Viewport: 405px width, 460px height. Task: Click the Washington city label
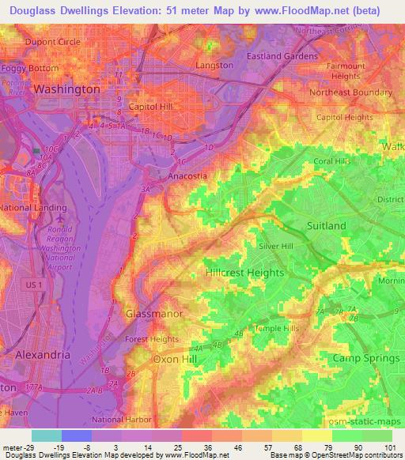66,90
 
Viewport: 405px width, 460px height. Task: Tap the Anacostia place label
187,177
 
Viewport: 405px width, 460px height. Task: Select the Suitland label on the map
326,226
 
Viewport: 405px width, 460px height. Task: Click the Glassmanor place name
154,314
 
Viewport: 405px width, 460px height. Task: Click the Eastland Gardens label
282,56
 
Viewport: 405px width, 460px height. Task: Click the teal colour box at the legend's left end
46,435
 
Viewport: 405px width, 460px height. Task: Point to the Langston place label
214,66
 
